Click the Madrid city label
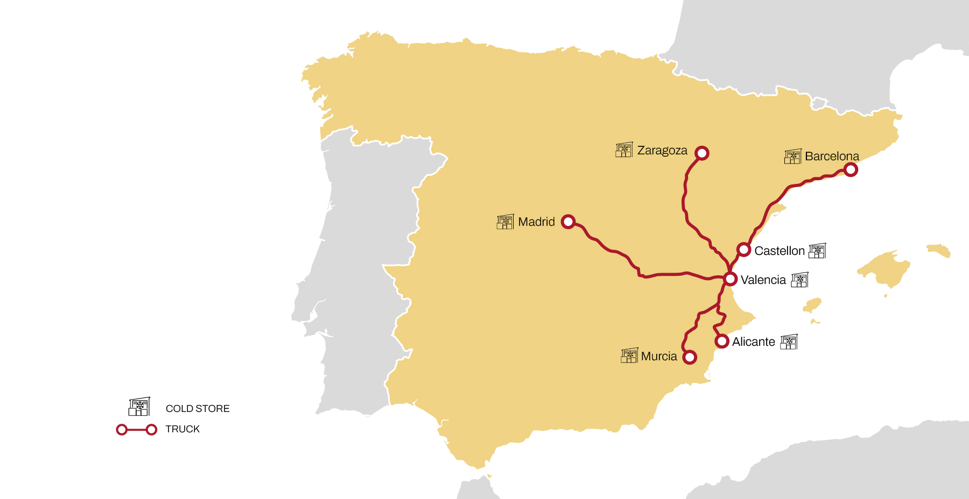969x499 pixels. click(x=536, y=222)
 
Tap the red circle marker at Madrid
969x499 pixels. click(x=568, y=222)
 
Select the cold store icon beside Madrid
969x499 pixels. click(x=505, y=222)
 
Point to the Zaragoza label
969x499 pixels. click(x=662, y=151)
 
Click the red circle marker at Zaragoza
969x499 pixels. click(x=701, y=153)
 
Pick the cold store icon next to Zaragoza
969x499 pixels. click(x=624, y=149)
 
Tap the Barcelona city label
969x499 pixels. click(x=832, y=156)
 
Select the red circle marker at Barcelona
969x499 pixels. click(x=851, y=170)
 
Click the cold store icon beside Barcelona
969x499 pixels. click(x=792, y=156)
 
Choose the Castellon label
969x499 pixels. click(x=779, y=251)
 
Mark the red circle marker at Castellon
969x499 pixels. click(x=743, y=249)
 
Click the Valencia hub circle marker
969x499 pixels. click(x=730, y=279)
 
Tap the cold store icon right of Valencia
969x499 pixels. click(x=799, y=280)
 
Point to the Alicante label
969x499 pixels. click(x=753, y=342)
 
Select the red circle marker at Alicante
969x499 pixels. click(x=722, y=341)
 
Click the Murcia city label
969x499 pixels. click(x=659, y=357)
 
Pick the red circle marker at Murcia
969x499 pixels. click(x=690, y=357)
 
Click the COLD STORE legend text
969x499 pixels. click(x=198, y=409)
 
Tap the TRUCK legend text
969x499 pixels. click(x=182, y=429)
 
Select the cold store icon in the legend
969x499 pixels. click(x=139, y=407)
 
